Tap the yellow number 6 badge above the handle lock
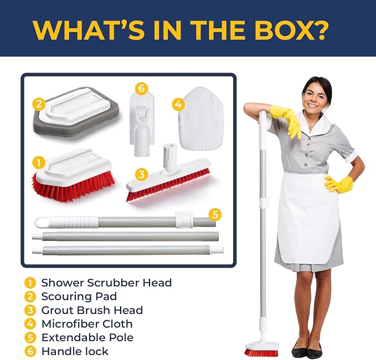click(x=141, y=89)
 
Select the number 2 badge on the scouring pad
click(x=39, y=104)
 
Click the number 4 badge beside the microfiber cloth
click(x=178, y=105)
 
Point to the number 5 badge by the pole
click(x=215, y=214)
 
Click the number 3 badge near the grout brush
click(x=141, y=174)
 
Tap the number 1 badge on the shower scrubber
click(x=39, y=162)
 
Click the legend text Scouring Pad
click(x=79, y=296)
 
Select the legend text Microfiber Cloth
click(x=87, y=324)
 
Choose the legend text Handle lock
click(x=75, y=351)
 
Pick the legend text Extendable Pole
click(x=87, y=337)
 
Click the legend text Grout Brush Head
click(x=92, y=310)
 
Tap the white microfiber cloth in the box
click(x=201, y=119)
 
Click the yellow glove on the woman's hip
click(x=338, y=184)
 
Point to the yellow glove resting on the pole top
click(x=287, y=121)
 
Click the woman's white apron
click(x=308, y=216)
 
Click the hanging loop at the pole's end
click(x=41, y=222)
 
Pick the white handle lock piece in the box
click(x=142, y=125)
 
